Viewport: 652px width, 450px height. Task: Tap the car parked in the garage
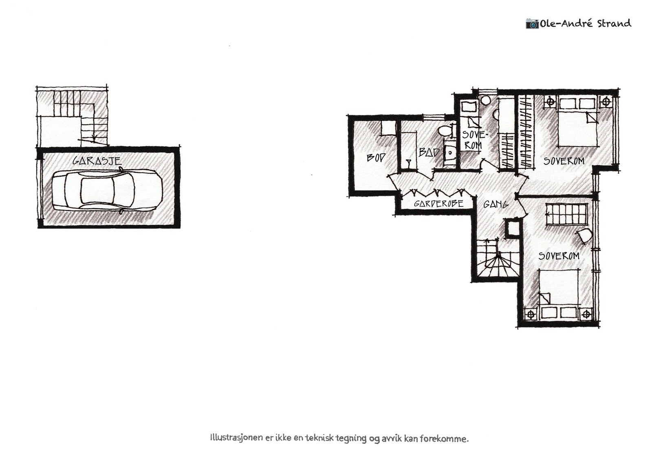click(x=107, y=190)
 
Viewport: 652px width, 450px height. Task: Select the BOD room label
click(x=375, y=157)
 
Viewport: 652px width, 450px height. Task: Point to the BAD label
click(x=429, y=153)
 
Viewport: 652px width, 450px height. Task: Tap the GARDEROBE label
click(x=438, y=204)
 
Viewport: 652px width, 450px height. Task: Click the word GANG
click(x=496, y=204)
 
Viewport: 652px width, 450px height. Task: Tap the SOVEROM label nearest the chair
click(x=559, y=256)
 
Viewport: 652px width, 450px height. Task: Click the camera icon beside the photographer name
click(x=532, y=23)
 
